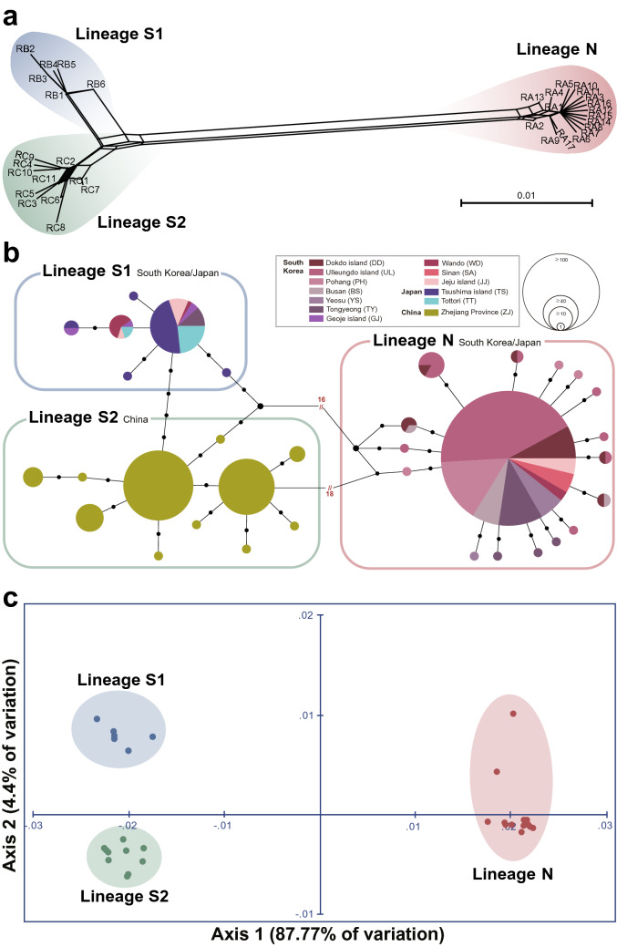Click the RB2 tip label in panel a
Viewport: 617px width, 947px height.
coord(26,48)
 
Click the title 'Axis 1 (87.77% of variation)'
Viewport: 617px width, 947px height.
coord(327,934)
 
